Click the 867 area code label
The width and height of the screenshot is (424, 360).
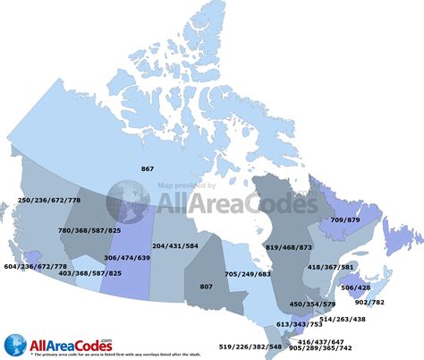click(148, 168)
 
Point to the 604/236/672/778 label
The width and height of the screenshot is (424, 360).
click(35, 266)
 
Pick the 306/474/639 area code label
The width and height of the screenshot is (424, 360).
click(128, 256)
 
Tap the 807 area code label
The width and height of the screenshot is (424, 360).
click(206, 286)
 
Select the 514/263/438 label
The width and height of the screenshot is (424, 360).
click(367, 319)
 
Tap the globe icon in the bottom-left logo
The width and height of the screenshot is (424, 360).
click(15, 343)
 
